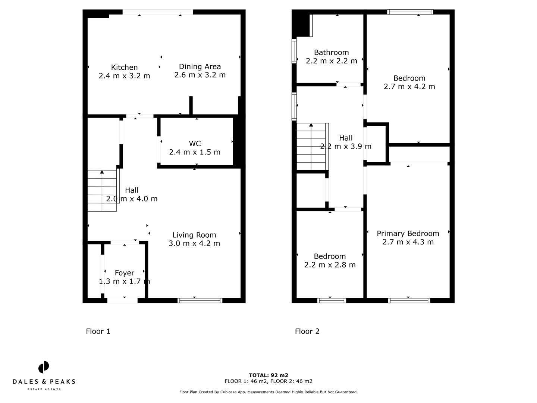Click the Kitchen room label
click(124, 67)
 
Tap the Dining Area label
click(200, 66)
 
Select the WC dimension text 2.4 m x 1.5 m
click(195, 152)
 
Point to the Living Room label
click(194, 235)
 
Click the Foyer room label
click(125, 273)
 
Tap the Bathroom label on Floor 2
click(331, 52)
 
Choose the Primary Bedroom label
click(408, 234)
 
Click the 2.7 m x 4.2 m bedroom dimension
click(409, 86)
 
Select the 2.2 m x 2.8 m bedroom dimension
click(330, 265)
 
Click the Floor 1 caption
click(98, 331)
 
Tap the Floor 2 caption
click(307, 331)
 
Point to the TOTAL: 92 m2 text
click(268, 375)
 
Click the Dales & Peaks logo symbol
click(44, 367)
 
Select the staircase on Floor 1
click(102, 191)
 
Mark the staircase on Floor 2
click(312, 147)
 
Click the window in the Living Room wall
click(200, 300)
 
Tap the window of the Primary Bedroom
click(409, 300)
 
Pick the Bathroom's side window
click(294, 51)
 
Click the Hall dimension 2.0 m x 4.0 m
click(132, 199)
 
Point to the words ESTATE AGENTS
click(44, 389)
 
